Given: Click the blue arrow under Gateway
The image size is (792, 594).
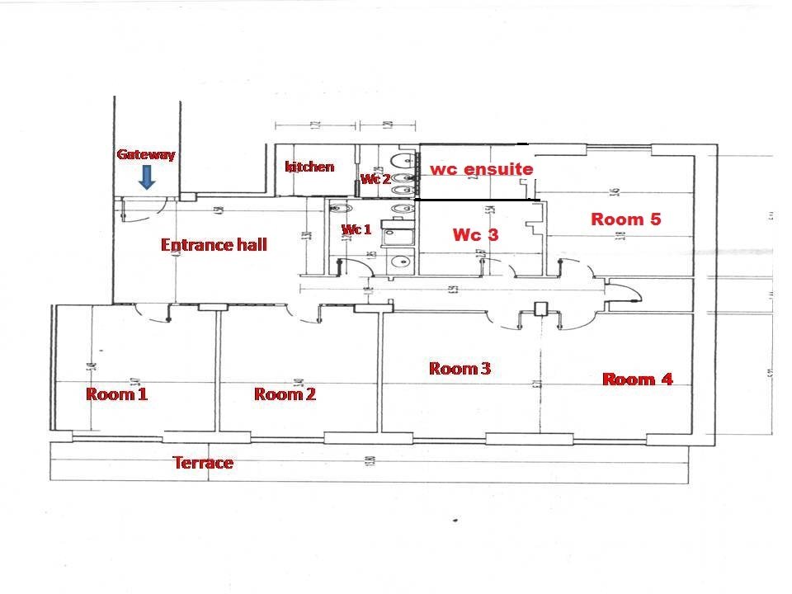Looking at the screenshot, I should [146, 177].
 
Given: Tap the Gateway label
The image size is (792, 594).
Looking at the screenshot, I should [146, 154].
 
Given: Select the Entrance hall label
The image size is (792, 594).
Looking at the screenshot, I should [214, 245].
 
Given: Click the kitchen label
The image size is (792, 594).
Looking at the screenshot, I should [309, 167].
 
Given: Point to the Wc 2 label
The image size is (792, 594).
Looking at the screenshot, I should [375, 179].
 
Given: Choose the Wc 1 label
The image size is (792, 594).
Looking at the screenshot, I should [356, 229].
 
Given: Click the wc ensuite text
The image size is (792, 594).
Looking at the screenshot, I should [481, 169].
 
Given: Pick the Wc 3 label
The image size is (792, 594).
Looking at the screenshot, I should [475, 235].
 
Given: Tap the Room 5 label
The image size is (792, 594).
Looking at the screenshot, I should [626, 219].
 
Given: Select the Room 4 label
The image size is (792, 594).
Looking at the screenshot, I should [638, 379].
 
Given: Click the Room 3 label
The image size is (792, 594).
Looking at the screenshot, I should [460, 369].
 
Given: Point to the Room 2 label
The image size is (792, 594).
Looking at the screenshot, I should [285, 394].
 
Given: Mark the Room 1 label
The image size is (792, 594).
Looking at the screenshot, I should [116, 394].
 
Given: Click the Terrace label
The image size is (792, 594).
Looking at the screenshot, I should [203, 463].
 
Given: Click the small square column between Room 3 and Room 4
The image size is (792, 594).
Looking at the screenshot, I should [541, 310].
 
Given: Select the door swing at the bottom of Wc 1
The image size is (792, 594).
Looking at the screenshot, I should [353, 266].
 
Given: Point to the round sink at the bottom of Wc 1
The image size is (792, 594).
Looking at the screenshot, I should [402, 262].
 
